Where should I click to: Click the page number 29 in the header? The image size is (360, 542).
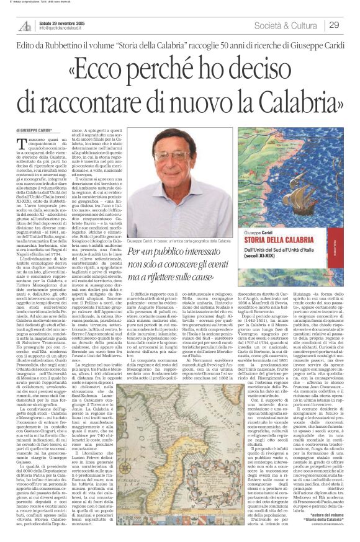pos(334,25)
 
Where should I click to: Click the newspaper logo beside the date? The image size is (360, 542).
pos(25,25)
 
